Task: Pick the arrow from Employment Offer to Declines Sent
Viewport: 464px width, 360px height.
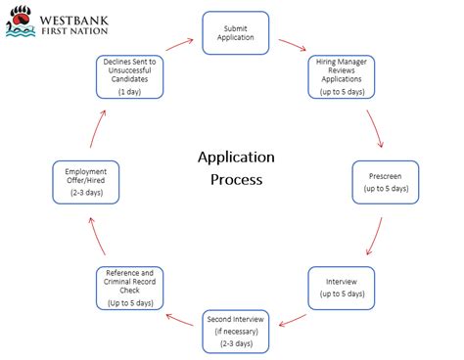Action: point(95,125)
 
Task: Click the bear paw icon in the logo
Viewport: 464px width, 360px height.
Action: point(18,18)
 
